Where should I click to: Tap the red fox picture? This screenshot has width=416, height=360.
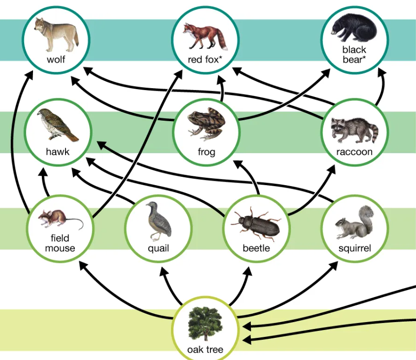(x=205, y=35)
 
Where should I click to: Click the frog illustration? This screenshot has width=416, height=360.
(x=207, y=123)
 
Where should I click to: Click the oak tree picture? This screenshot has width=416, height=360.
(x=205, y=325)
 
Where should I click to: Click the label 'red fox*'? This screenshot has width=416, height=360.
(x=206, y=60)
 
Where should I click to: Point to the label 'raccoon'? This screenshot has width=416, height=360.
(x=354, y=152)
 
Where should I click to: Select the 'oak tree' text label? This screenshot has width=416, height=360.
(x=205, y=350)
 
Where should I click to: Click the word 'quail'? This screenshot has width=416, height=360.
(x=158, y=248)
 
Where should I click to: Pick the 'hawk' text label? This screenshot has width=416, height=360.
(x=58, y=152)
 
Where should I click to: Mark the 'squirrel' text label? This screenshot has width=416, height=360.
(x=354, y=248)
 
